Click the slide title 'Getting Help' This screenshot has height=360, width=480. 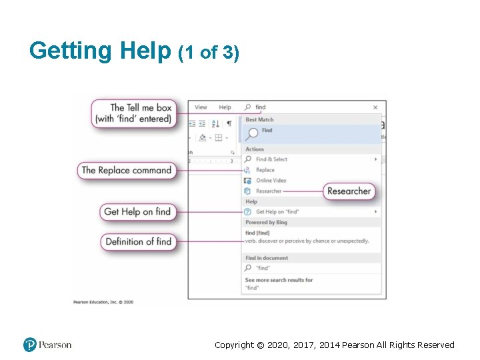tap(100, 51)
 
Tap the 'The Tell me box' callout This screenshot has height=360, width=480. tap(133, 113)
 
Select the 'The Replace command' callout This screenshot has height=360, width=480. tap(126, 170)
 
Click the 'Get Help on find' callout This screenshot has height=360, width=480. tap(137, 212)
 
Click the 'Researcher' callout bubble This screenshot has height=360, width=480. tap(348, 191)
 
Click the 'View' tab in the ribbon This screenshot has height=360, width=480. tap(201, 107)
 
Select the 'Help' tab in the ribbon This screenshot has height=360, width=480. tap(225, 107)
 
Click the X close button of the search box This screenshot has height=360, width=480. tap(375, 107)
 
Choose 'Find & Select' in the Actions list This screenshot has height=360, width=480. tap(271, 159)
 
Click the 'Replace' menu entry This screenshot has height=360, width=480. tap(265, 170)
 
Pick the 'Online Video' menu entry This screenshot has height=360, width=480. tap(271, 181)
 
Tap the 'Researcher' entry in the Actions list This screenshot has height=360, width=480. tap(269, 191)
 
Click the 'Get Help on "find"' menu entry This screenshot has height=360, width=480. tap(277, 212)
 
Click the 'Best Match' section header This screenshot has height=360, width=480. tap(259, 120)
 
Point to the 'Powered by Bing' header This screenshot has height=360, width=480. tap(265, 223)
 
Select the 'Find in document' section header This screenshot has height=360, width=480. tap(267, 258)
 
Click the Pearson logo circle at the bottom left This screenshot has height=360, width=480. tap(30, 345)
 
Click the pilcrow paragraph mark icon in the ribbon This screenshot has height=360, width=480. tap(229, 123)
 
